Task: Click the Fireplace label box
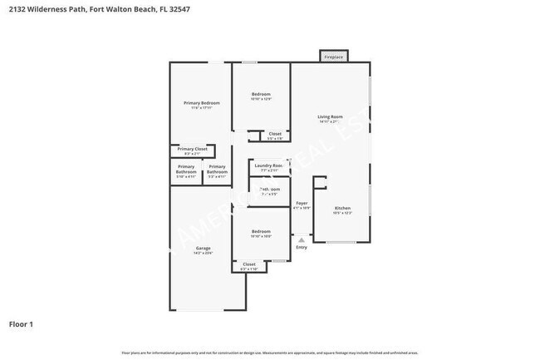pyautogui.click(x=333, y=57)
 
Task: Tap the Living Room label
pyautogui.click(x=330, y=116)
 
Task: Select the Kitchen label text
pyautogui.click(x=342, y=207)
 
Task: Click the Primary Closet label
pyautogui.click(x=191, y=149)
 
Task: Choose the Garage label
pyautogui.click(x=203, y=248)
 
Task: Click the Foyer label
pyautogui.click(x=302, y=203)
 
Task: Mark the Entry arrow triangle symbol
pyautogui.click(x=301, y=239)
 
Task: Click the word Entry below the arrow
pyautogui.click(x=301, y=247)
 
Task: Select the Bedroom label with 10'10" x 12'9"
pyautogui.click(x=261, y=94)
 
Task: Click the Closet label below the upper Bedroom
pyautogui.click(x=275, y=133)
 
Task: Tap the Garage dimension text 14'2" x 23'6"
pyautogui.click(x=203, y=253)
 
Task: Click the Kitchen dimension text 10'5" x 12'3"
pyautogui.click(x=342, y=213)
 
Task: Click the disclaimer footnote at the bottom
pyautogui.click(x=270, y=353)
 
